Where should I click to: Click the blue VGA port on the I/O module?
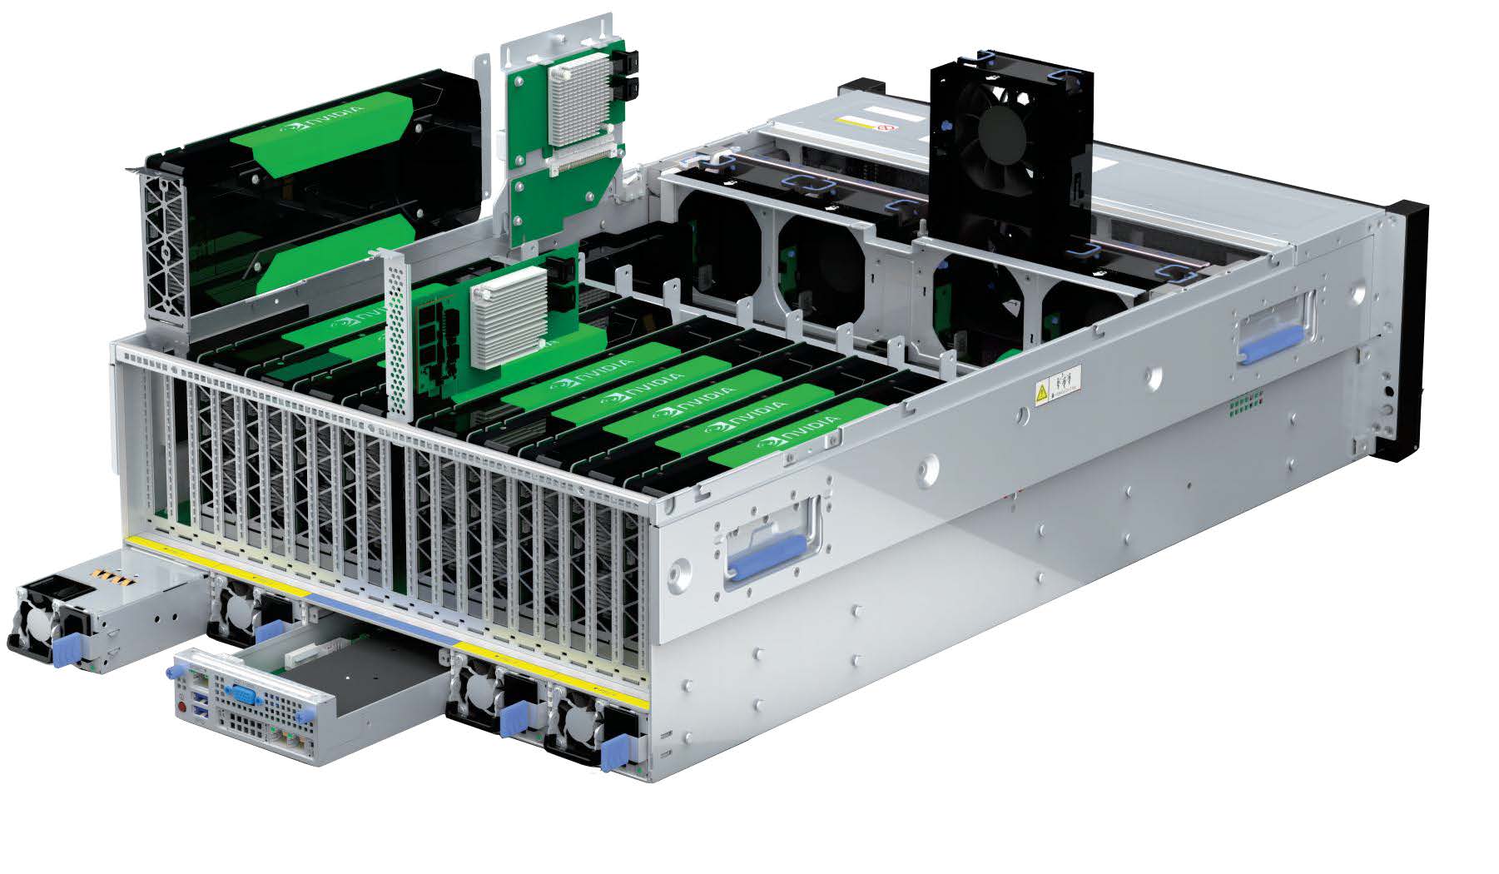click(241, 693)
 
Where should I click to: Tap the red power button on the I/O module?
click(181, 707)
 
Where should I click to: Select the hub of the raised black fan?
click(1001, 133)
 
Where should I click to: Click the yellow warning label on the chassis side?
click(1041, 391)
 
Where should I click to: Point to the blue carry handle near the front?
click(767, 556)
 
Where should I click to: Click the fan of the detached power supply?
click(33, 620)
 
